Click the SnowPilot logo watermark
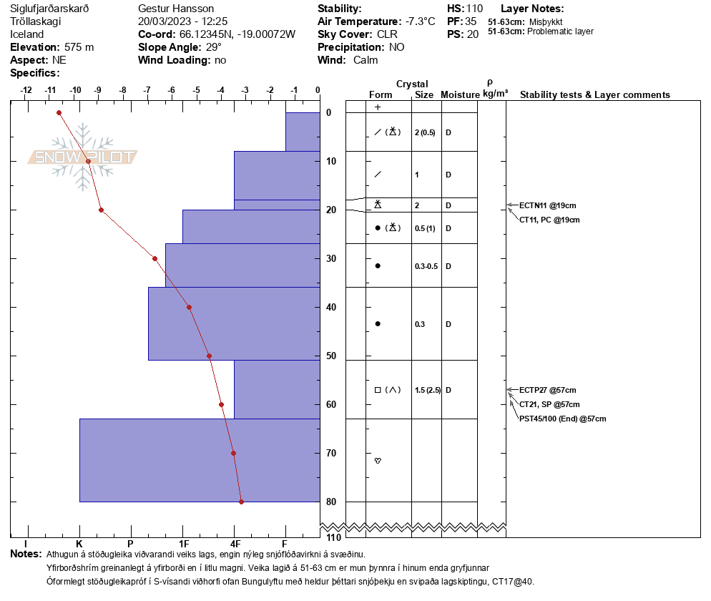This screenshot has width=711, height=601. click(83, 157)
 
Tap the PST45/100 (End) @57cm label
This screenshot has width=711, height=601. click(562, 419)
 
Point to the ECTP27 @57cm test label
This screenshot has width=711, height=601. click(547, 390)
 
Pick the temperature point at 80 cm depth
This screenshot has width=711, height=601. click(241, 502)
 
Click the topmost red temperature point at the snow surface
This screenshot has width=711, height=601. click(59, 112)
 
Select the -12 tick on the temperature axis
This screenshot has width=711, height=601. click(26, 91)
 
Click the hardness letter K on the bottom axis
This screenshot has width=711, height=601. click(79, 544)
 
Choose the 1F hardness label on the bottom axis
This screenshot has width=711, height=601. click(184, 544)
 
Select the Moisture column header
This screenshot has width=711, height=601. click(459, 95)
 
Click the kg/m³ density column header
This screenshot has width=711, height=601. click(495, 94)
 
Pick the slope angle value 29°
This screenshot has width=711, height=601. click(215, 47)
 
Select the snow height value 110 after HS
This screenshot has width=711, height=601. click(475, 9)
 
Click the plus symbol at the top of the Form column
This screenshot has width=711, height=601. click(378, 107)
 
